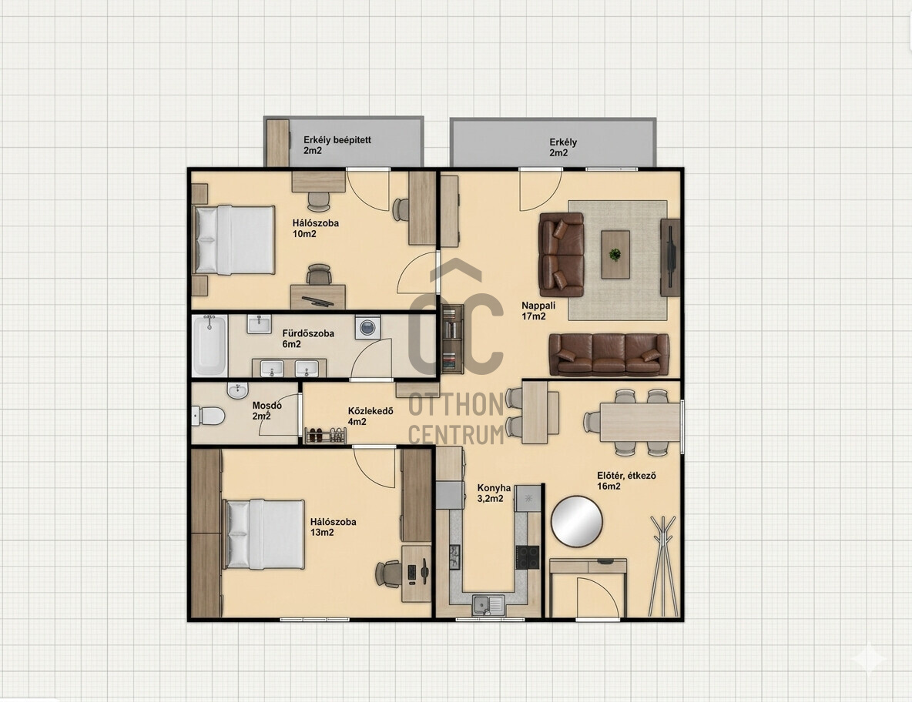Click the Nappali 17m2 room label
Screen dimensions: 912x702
click(533, 311)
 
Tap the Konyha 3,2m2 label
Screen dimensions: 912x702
click(493, 493)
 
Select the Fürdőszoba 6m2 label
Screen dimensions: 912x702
click(307, 339)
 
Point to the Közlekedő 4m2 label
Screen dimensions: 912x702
click(370, 416)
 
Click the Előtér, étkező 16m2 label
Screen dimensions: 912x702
click(626, 480)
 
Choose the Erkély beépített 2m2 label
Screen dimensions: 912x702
click(337, 145)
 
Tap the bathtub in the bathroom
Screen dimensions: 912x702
click(210, 346)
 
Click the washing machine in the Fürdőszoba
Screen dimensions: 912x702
click(367, 327)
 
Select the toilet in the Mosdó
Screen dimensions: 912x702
click(208, 416)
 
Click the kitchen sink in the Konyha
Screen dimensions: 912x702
click(488, 605)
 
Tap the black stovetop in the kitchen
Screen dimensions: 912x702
click(528, 557)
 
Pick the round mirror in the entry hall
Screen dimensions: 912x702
click(576, 521)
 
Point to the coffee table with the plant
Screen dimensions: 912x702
click(615, 255)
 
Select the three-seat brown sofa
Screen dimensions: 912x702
click(609, 355)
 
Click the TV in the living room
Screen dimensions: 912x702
click(671, 257)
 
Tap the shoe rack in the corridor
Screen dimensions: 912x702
click(326, 436)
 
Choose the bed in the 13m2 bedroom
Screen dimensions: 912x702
click(264, 534)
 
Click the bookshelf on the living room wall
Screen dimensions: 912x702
click(452, 339)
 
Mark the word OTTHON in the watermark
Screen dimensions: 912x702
click(456, 404)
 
